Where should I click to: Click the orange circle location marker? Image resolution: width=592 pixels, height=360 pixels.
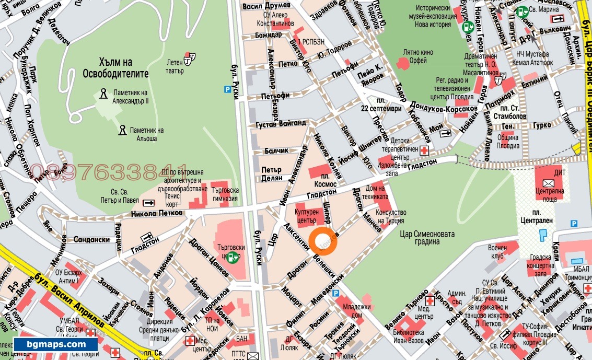click(x=323, y=241)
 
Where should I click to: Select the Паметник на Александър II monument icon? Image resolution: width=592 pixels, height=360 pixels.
click(x=103, y=94)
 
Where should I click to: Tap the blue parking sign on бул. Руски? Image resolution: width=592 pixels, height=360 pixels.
click(x=227, y=89)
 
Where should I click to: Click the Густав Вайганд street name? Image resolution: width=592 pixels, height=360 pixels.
click(x=281, y=124)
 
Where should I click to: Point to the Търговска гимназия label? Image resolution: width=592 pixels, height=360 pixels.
click(x=225, y=194)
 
